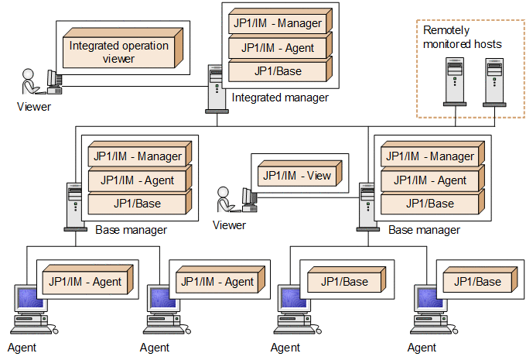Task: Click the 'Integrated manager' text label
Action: (x=280, y=98)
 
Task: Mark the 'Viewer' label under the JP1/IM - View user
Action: (x=229, y=225)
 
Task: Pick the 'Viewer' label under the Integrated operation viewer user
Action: (x=34, y=106)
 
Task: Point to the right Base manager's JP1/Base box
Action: (x=430, y=204)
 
